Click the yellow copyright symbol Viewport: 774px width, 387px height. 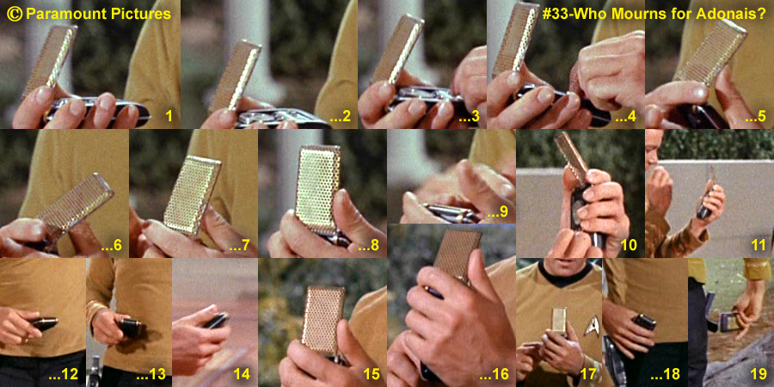pos(15,14)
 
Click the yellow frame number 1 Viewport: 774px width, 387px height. pos(169,116)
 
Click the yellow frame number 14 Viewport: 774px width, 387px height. pos(242,374)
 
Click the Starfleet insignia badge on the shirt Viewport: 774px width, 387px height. pos(592,326)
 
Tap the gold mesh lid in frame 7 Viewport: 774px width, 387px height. pos(192,194)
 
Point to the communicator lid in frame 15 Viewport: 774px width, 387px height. pos(324,319)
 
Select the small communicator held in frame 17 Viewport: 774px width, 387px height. pos(559,322)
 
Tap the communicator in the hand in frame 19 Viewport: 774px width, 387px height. pos(729,322)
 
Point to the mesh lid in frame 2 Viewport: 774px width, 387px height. pos(235,74)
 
